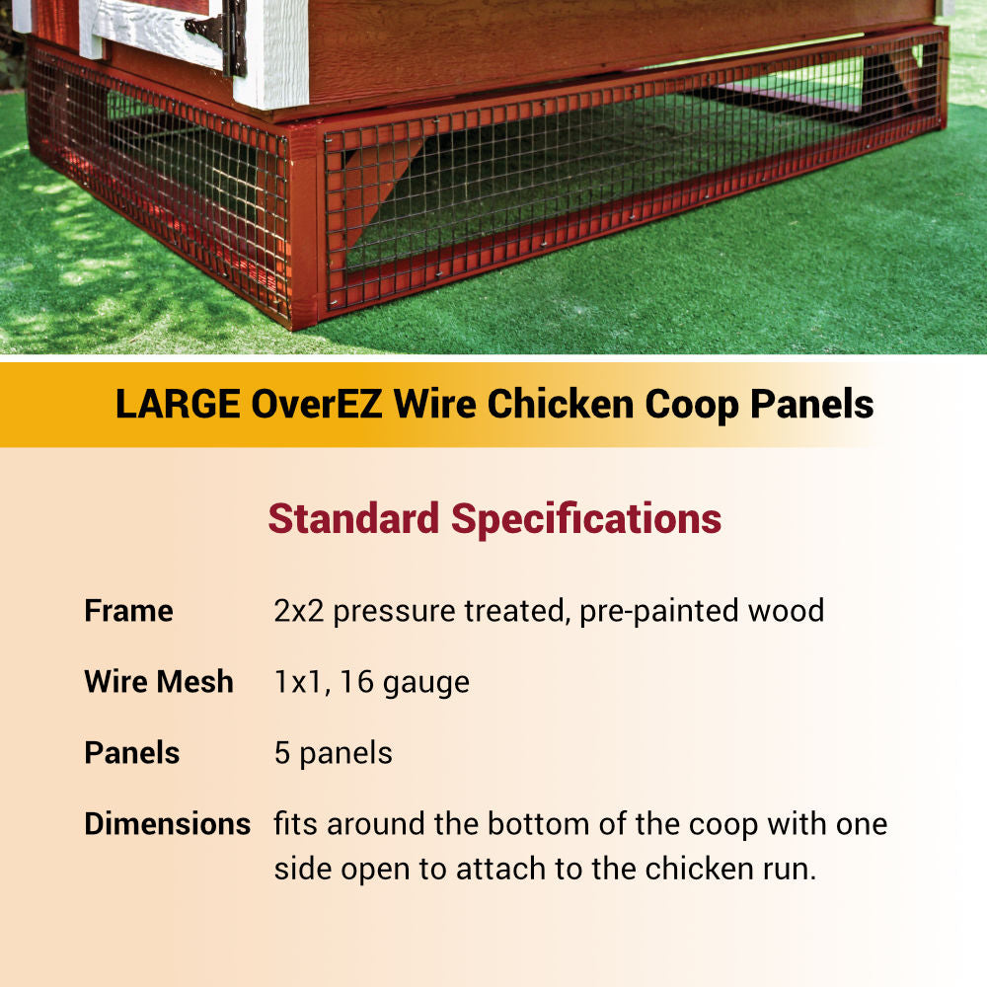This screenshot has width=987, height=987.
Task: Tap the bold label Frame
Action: pos(128,611)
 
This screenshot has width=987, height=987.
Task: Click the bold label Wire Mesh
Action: pos(159,682)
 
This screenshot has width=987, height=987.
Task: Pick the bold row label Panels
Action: pos(132,753)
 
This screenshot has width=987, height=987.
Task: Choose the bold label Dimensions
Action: pos(167,824)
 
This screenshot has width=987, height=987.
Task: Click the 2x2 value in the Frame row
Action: pos(299,611)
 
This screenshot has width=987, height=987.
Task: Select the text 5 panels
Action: pos(334,753)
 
